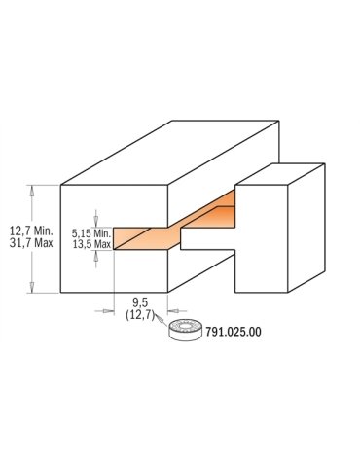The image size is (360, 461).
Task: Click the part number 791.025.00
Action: click(233, 332)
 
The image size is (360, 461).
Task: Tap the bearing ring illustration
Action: click(186, 331)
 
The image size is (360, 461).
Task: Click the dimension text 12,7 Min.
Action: click(31, 231)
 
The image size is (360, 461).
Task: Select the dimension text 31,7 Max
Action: click(31, 243)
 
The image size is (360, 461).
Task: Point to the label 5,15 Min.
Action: click(91, 232)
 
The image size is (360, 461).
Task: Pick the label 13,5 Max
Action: click(91, 244)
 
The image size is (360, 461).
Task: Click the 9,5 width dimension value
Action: click(140, 302)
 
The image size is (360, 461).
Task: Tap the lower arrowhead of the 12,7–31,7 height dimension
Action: click(31, 287)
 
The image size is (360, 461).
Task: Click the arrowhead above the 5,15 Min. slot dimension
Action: click(95, 223)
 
